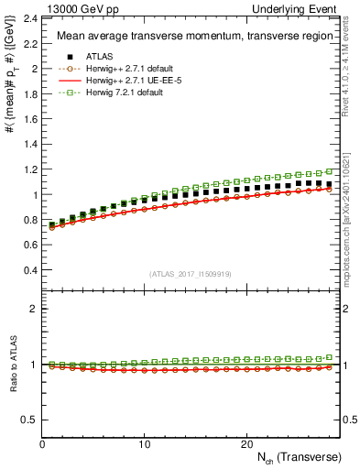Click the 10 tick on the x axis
(144, 444)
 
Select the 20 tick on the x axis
(246, 444)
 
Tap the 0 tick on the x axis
(42, 444)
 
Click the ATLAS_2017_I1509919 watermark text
(191, 273)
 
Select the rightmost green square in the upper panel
(331, 171)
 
